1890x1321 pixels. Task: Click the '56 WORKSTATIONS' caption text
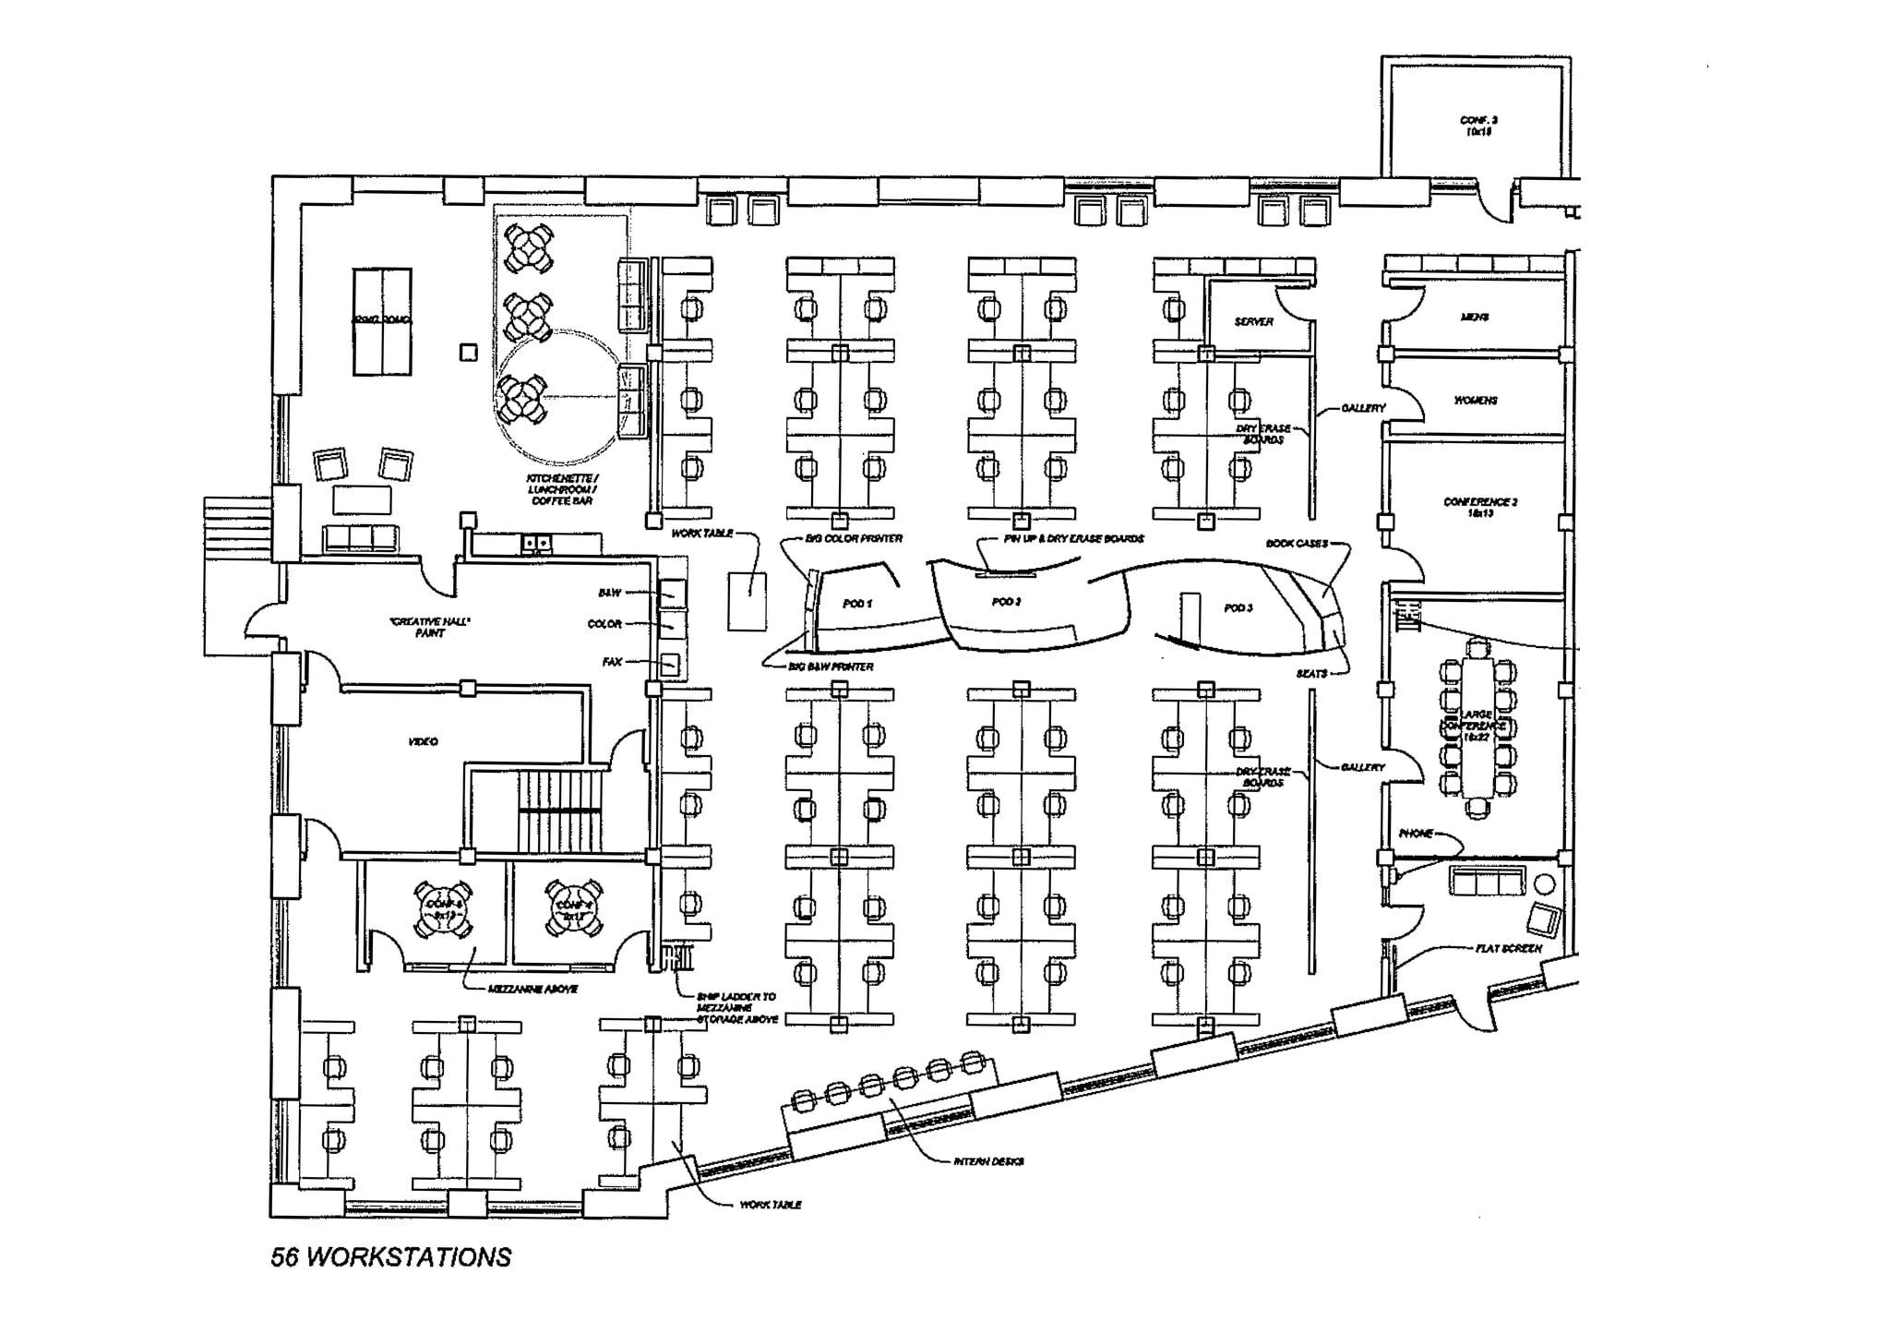click(390, 1257)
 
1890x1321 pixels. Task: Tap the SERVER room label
click(1253, 322)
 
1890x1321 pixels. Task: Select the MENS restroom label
click(1474, 318)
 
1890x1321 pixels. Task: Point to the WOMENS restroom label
click(1476, 401)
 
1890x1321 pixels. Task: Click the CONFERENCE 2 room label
click(1480, 507)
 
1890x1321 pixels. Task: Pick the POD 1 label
click(857, 604)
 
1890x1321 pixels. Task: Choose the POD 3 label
click(1238, 608)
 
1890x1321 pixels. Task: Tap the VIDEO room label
click(423, 742)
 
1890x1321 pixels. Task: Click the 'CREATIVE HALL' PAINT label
click(430, 628)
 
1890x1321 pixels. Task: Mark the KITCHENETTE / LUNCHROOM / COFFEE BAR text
click(562, 489)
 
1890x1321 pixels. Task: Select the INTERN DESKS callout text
click(988, 1161)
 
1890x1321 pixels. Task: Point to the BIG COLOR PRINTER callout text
click(854, 538)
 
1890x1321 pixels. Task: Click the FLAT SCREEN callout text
click(1508, 948)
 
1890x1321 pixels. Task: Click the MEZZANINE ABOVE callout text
click(532, 989)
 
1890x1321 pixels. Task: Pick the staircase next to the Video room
click(560, 812)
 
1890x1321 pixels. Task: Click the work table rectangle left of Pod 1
click(747, 601)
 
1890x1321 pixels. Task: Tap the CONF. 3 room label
click(1477, 126)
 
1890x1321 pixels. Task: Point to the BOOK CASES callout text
click(1296, 544)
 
